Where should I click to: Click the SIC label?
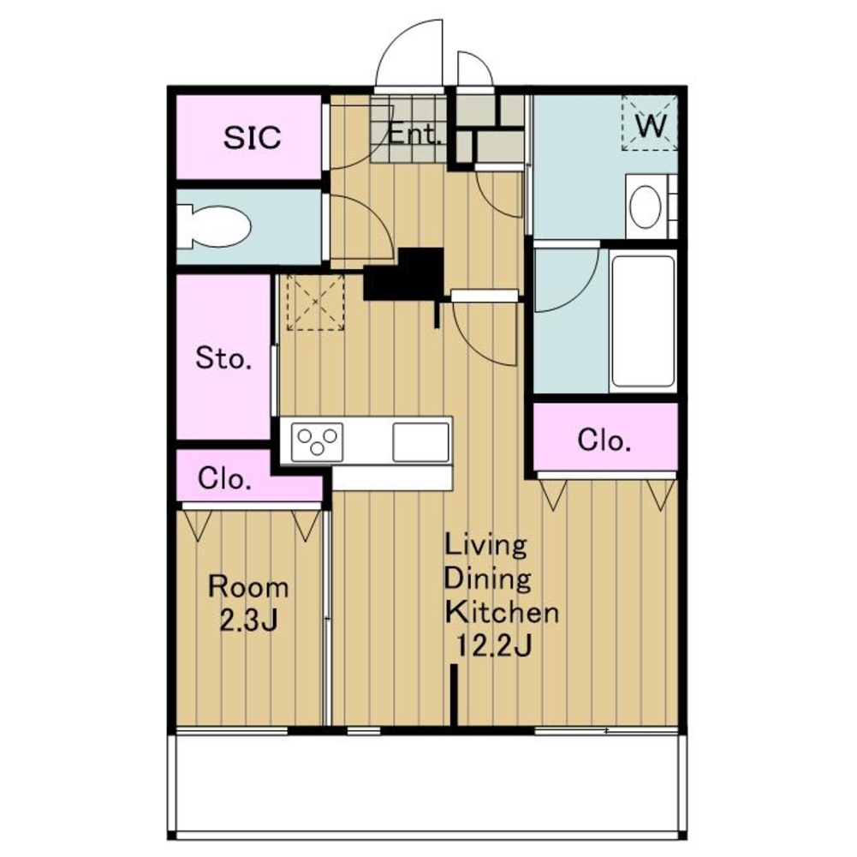(x=252, y=137)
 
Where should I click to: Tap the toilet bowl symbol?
(x=214, y=226)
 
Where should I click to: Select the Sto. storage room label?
(x=223, y=358)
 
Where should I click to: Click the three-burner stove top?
(x=317, y=441)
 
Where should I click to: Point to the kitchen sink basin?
(x=420, y=441)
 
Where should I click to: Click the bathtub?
(x=643, y=321)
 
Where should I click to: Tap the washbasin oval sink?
(x=646, y=207)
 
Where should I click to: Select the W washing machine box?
(x=650, y=123)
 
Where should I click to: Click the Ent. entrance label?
(x=414, y=134)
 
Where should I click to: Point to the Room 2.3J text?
(x=248, y=603)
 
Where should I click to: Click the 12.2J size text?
(x=493, y=646)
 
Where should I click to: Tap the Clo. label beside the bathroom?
(x=604, y=440)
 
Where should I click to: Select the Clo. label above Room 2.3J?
(x=224, y=479)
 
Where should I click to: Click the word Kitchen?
(x=502, y=613)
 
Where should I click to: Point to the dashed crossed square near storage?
(x=315, y=302)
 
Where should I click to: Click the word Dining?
(x=487, y=579)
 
